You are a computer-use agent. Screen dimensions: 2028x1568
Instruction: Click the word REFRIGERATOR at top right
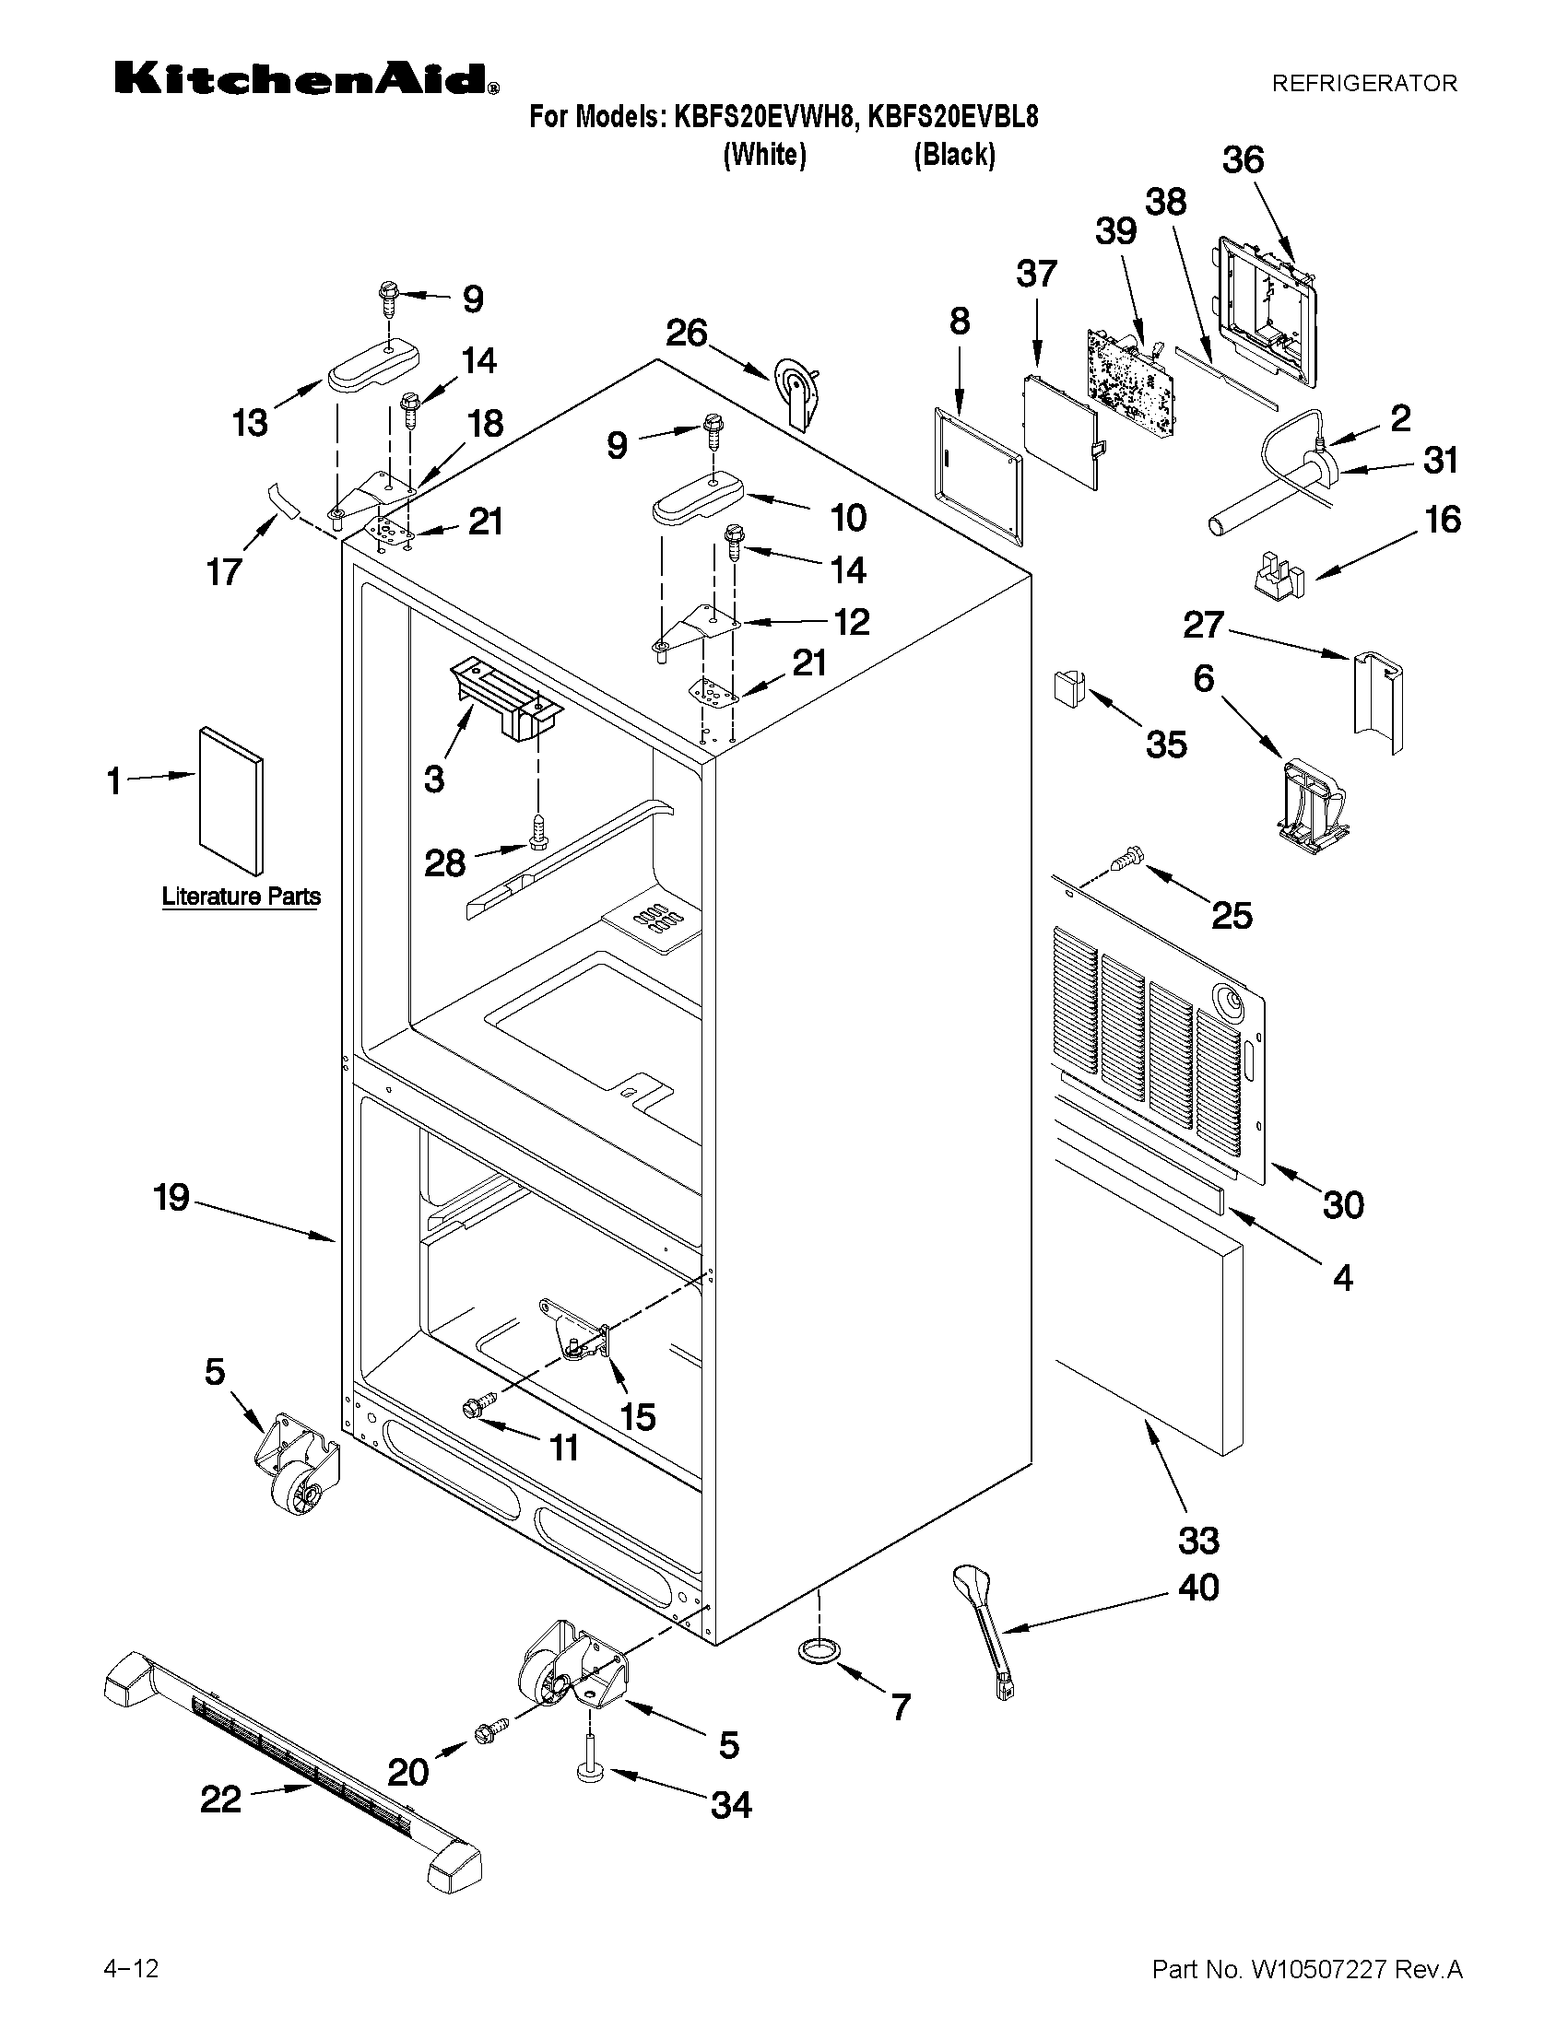click(x=1363, y=84)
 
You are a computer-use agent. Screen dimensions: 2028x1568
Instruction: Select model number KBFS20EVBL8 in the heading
click(x=952, y=117)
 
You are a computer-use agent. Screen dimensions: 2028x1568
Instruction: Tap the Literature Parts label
click(x=241, y=897)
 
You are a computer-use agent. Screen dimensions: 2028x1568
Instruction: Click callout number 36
click(x=1243, y=159)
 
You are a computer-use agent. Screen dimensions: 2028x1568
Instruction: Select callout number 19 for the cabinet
click(x=171, y=1197)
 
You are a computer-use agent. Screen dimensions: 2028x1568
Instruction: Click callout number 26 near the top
click(x=688, y=333)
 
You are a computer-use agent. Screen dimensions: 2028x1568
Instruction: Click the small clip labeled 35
click(x=1066, y=690)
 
